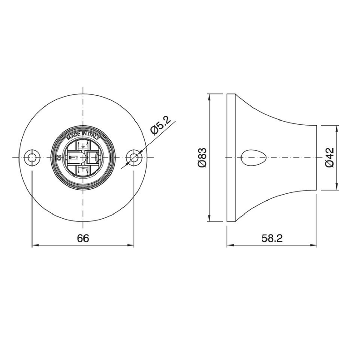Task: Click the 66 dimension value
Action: [83, 238]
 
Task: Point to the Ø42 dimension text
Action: [330, 157]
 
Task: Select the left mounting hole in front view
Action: [31, 157]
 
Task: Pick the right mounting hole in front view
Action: [134, 157]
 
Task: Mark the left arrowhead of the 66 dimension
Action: [34, 246]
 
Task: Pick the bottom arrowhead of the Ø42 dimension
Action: [336, 187]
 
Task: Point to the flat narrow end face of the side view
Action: [316, 157]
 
